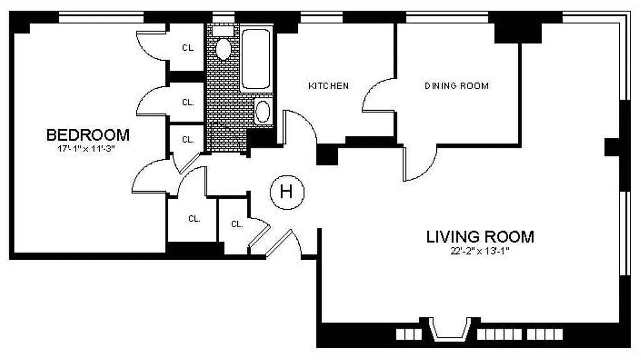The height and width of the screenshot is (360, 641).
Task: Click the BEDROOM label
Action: (x=88, y=135)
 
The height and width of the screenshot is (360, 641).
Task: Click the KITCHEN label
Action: (x=328, y=85)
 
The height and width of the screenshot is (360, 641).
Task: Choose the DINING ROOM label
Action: (x=457, y=85)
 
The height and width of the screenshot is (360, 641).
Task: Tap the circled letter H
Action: (x=287, y=192)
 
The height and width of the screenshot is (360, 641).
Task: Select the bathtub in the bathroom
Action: (x=256, y=58)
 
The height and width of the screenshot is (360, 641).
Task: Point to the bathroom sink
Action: (x=263, y=111)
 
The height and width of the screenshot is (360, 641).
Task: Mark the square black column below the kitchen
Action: (x=327, y=155)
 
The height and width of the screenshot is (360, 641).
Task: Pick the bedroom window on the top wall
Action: (x=101, y=18)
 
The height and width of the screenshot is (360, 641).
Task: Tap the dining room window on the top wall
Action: (x=447, y=18)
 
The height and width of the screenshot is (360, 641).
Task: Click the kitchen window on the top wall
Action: (x=321, y=18)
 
